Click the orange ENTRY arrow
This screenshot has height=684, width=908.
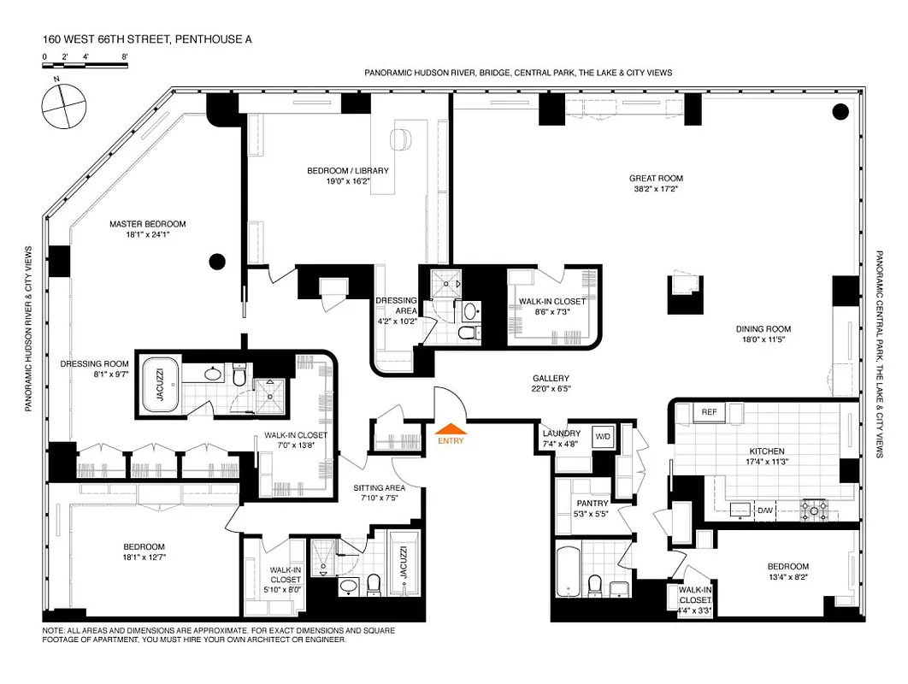(451, 429)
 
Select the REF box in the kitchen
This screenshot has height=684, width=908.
(708, 412)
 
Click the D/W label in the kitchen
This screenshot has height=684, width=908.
(765, 510)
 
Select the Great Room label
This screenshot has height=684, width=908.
(656, 179)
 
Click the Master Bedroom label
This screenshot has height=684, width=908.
(147, 224)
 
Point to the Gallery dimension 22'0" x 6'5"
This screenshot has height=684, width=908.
(551, 389)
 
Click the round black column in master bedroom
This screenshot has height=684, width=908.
(218, 262)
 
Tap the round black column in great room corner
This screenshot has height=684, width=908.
(840, 110)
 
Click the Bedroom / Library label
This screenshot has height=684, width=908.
(347, 170)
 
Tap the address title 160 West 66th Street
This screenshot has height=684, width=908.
(147, 39)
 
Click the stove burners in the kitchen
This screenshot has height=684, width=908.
(814, 510)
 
